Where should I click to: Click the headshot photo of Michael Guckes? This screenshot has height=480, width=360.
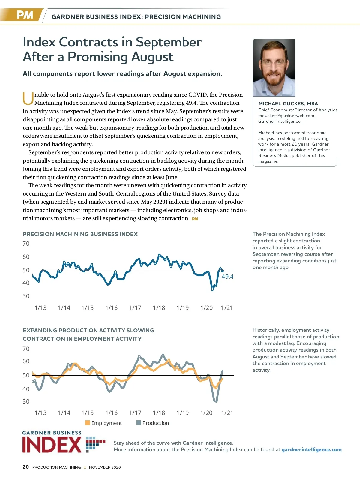274,67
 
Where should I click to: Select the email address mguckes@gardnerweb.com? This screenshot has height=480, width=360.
286,115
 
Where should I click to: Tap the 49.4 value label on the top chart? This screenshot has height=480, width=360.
227,277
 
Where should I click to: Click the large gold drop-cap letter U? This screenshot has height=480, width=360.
28,99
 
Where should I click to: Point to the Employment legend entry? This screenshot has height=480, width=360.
103,423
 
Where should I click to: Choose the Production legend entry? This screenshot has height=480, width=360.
153,423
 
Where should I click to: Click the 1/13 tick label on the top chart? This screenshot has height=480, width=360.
40,308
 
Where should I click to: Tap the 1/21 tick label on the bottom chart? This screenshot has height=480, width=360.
227,413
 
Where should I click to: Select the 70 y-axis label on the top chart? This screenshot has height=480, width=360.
26,244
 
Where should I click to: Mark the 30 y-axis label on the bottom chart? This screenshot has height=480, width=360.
26,401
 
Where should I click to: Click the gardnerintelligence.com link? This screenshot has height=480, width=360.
312,449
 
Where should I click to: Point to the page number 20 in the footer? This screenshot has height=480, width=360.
26,467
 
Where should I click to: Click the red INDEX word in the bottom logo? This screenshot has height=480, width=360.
52,445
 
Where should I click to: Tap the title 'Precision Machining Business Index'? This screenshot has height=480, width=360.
80,234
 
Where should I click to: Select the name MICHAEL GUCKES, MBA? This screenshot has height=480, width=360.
288,103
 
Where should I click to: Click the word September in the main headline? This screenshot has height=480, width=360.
169,42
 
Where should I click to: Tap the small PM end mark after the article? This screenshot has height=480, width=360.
195,219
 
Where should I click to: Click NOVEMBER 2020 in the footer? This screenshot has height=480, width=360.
105,467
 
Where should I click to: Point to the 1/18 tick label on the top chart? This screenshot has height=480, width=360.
159,308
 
